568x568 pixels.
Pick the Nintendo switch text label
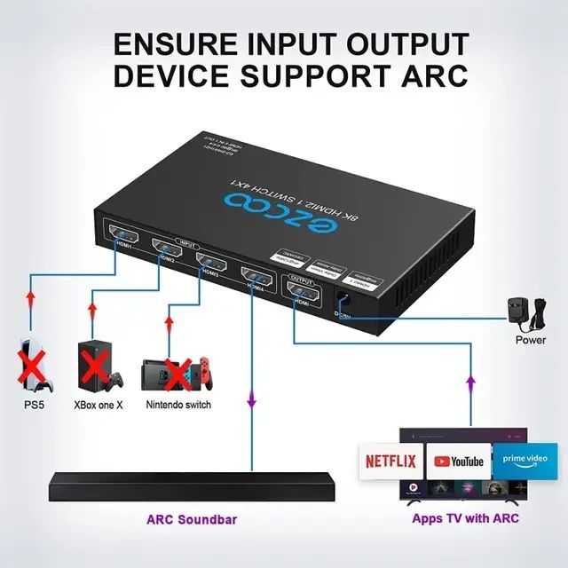coord(178,405)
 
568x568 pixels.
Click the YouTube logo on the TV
coord(456,461)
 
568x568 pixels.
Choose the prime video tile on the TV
coord(525,460)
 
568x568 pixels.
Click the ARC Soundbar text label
coord(192,518)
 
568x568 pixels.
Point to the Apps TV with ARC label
coord(465,518)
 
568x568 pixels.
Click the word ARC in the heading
coord(427,75)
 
